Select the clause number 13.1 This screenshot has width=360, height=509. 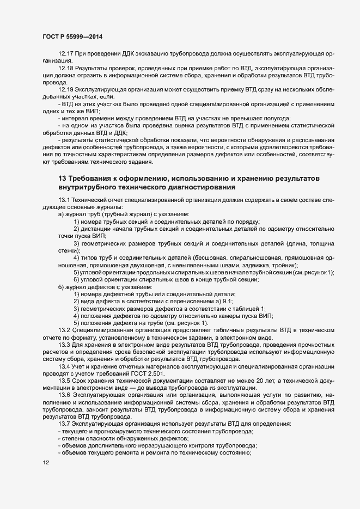click(64, 201)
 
